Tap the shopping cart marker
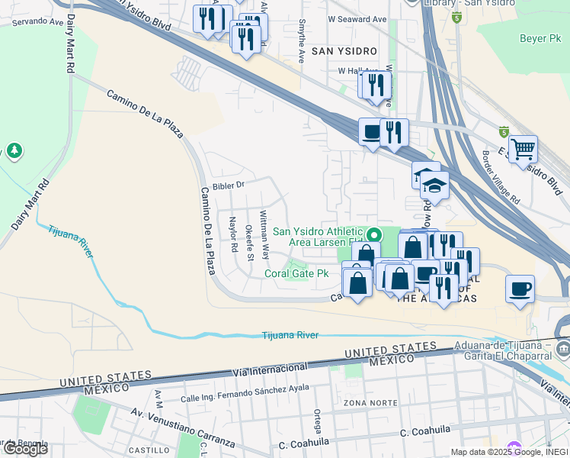click(x=523, y=149)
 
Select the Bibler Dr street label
click(x=228, y=185)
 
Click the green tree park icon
click(x=14, y=150)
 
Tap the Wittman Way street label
click(x=264, y=234)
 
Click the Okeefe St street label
click(x=249, y=242)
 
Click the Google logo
click(x=25, y=448)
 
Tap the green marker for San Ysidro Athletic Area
click(x=373, y=234)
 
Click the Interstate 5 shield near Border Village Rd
click(x=504, y=131)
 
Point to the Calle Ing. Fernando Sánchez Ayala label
click(x=245, y=393)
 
